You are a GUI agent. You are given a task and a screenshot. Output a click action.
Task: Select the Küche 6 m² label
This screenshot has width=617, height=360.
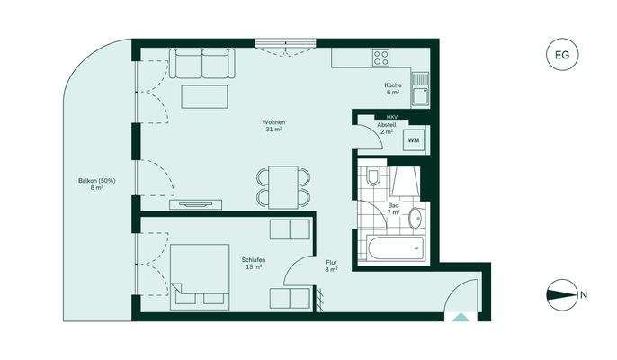[x=393, y=89]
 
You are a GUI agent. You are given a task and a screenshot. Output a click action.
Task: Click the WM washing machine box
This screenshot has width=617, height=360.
[x=413, y=141]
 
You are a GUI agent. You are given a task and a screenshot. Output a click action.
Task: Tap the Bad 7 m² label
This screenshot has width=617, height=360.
[x=393, y=210]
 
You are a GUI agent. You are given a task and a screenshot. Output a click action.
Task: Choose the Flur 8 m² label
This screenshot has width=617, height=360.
[x=331, y=265]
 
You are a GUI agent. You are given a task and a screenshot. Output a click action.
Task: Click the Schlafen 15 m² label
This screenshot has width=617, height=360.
[x=252, y=263]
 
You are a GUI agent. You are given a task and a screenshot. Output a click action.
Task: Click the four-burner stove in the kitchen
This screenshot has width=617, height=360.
[x=381, y=57]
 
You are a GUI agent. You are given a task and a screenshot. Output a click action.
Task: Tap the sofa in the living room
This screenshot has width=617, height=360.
[x=201, y=65]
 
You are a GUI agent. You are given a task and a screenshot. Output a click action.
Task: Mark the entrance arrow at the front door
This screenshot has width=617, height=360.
[x=461, y=317]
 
